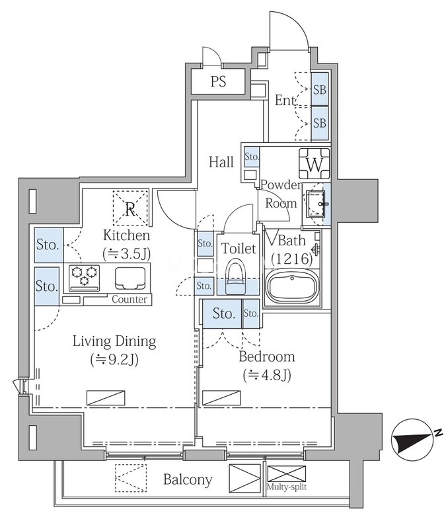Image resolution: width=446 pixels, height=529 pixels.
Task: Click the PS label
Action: [x=218, y=81]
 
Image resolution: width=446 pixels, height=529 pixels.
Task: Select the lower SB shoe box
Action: [x=320, y=123]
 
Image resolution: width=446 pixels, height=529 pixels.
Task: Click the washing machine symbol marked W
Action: [x=315, y=163]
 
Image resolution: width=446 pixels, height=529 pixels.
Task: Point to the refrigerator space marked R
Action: [x=130, y=208]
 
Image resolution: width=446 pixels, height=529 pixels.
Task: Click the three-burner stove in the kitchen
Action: [x=85, y=278]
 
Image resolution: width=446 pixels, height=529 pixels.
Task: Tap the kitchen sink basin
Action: [x=131, y=278]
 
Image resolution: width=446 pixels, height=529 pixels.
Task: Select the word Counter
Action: [x=130, y=300]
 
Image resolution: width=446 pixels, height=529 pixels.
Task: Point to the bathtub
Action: [x=293, y=288]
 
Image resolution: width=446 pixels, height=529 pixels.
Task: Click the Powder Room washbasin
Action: [x=316, y=204]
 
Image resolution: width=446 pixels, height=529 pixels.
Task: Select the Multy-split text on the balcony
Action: [x=287, y=487]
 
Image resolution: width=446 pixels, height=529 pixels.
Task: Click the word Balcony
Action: [x=188, y=480]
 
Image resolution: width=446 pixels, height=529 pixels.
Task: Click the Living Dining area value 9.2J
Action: [x=114, y=360]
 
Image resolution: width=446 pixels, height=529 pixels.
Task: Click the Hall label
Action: [x=221, y=162]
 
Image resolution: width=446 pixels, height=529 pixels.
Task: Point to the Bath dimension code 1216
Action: [x=292, y=259]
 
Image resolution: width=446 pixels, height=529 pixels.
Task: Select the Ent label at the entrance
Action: [x=285, y=101]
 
